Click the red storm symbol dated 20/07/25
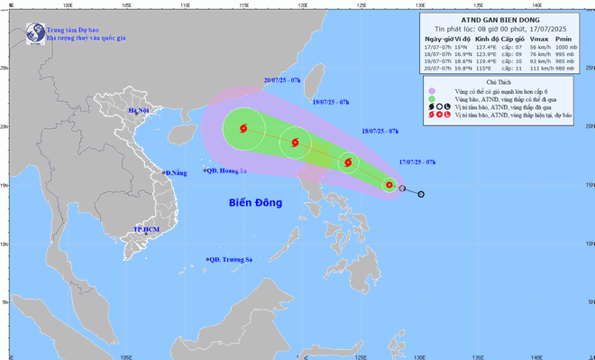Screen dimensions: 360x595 tap(243, 129)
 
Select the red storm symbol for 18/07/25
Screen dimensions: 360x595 tap(348, 163)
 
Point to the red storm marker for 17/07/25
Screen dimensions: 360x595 tap(389, 186)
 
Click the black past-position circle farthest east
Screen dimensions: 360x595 tap(421, 194)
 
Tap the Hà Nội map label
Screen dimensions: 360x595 tap(138, 111)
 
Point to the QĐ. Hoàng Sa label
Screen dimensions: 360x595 tap(228, 171)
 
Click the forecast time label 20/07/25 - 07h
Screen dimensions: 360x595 tap(281, 80)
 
